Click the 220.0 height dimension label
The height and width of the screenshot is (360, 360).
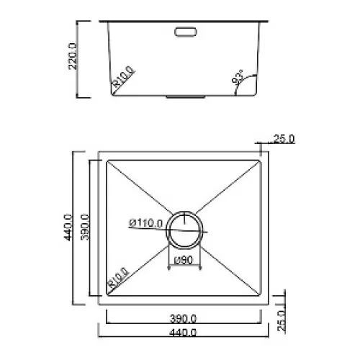pyautogui.click(x=73, y=56)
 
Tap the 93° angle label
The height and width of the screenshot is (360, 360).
pyautogui.click(x=238, y=77)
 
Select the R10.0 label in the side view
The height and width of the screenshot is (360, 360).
pyautogui.click(x=124, y=76)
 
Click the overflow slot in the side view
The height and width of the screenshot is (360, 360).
pyautogui.click(x=186, y=32)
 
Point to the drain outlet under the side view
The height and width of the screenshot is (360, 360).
pyautogui.click(x=186, y=96)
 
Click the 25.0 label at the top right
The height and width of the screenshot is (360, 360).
pyautogui.click(x=284, y=139)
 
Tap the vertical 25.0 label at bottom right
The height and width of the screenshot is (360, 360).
pyautogui.click(x=282, y=321)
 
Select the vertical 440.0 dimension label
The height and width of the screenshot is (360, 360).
pyautogui.click(x=68, y=228)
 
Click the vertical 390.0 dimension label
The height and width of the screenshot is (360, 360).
pyautogui.click(x=85, y=227)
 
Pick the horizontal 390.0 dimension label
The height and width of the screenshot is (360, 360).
pyautogui.click(x=184, y=318)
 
